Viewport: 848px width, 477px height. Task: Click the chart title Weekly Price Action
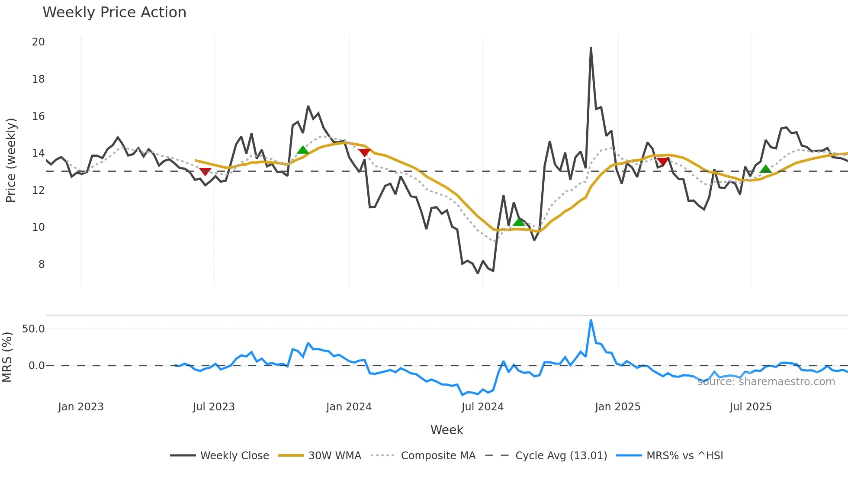pos(114,13)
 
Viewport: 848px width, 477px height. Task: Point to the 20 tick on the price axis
pos(39,42)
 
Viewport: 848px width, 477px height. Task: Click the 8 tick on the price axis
pos(42,264)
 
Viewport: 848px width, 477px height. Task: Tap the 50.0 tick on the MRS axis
pos(33,329)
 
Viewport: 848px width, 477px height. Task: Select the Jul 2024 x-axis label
pos(482,407)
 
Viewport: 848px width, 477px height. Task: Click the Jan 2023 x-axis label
pos(81,407)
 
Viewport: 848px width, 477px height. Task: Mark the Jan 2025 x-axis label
pos(617,407)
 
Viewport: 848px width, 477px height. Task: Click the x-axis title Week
pos(446,430)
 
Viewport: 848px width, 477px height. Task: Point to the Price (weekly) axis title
pos(11,160)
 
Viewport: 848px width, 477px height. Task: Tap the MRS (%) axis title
pos(7,357)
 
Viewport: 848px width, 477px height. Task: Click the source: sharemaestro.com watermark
pos(766,382)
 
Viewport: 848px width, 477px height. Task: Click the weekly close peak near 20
pos(591,48)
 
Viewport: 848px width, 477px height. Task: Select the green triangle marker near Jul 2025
pos(766,169)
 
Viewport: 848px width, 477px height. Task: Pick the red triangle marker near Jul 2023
pos(205,171)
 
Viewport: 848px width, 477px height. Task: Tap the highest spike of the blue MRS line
pos(591,320)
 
